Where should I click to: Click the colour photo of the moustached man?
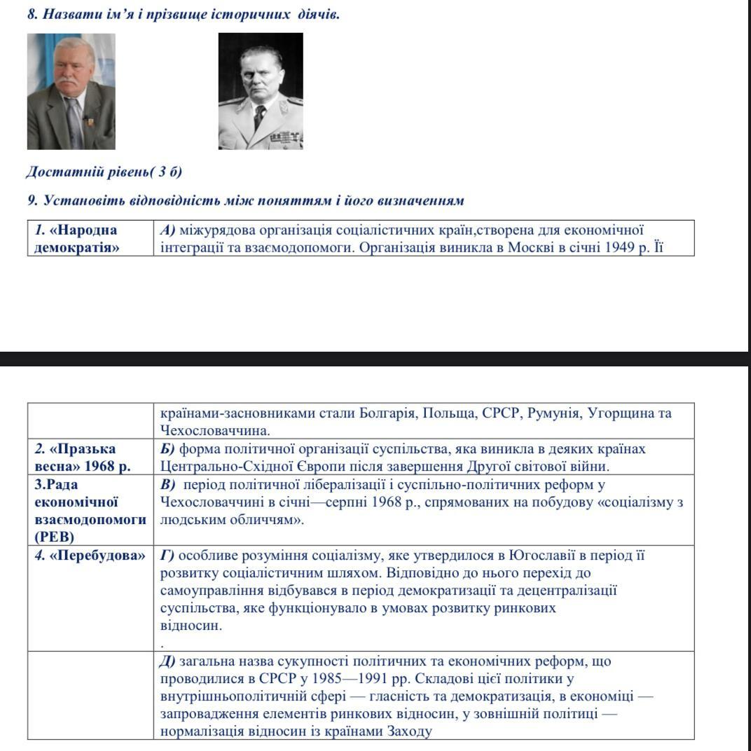point(71,91)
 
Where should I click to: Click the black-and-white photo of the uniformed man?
point(261,91)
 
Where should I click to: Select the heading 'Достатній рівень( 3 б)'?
point(104,172)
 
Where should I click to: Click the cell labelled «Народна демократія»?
point(77,238)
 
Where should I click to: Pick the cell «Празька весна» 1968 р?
point(83,457)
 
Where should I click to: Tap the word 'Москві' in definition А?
point(530,247)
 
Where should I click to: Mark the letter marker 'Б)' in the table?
point(168,448)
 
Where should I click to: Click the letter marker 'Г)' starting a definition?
point(167,556)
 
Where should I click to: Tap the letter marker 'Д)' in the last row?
point(168,661)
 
